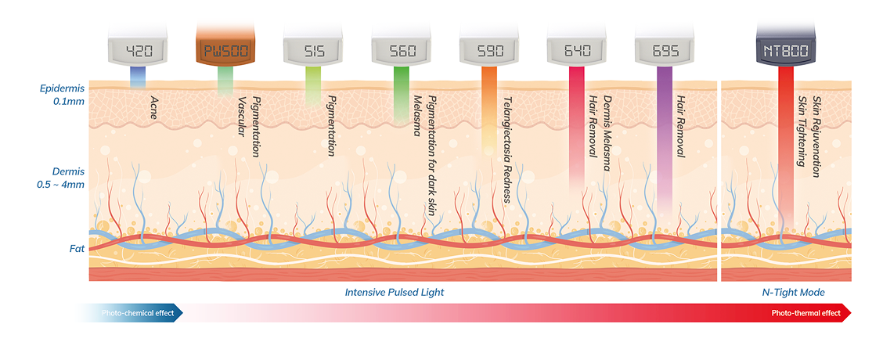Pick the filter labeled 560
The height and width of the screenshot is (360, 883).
pyautogui.click(x=401, y=52)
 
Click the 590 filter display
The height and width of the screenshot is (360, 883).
pyautogui.click(x=488, y=52)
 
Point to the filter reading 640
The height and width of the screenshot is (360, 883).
pyautogui.click(x=576, y=52)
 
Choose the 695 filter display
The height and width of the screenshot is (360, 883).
pyautogui.click(x=664, y=52)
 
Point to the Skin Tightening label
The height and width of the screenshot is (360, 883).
pyautogui.click(x=801, y=131)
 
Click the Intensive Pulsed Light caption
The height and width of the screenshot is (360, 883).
pyautogui.click(x=394, y=292)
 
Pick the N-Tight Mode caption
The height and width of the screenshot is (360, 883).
pyautogui.click(x=794, y=292)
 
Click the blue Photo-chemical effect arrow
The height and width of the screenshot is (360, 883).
pyautogui.click(x=133, y=313)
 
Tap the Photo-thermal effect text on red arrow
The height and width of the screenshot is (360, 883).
pyautogui.click(x=805, y=313)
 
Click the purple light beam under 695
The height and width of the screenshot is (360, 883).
pyautogui.click(x=664, y=133)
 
